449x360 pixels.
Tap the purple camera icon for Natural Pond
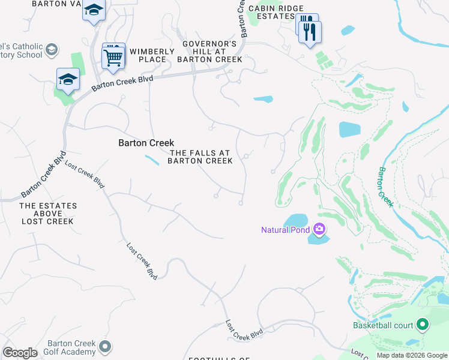pyautogui.click(x=319, y=229)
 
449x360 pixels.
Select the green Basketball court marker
pyautogui.click(x=422, y=325)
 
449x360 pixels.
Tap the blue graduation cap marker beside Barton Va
pyautogui.click(x=94, y=10)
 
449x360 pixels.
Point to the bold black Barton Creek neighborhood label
pyautogui.click(x=146, y=143)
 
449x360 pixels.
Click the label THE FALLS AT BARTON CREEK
pyautogui.click(x=200, y=157)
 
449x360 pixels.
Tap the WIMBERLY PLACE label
pyautogui.click(x=152, y=55)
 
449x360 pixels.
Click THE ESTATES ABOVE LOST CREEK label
pyautogui.click(x=48, y=214)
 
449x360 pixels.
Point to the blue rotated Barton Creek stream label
pyautogui.click(x=385, y=187)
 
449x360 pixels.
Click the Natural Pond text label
pyautogui.click(x=285, y=230)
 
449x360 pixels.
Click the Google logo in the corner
pyautogui.click(x=20, y=353)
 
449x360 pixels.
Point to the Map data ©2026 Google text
pyautogui.click(x=412, y=355)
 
